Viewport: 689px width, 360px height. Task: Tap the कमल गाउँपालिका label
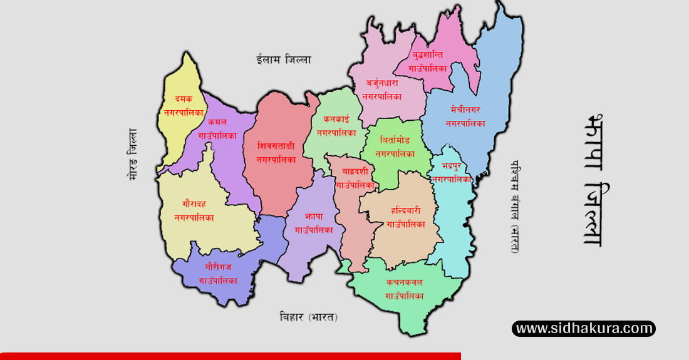217,128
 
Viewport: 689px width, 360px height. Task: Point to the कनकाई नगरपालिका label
336,125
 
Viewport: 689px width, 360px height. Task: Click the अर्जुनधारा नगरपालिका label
382,90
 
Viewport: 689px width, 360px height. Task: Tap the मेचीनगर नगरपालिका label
465,116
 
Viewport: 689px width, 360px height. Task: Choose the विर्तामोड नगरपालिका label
395,146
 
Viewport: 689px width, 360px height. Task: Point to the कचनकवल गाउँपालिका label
405,289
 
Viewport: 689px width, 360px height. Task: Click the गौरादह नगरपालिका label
194,211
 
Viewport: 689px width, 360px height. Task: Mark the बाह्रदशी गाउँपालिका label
356,178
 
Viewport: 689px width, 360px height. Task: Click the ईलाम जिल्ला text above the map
284,59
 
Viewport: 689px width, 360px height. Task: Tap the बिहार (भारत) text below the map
309,317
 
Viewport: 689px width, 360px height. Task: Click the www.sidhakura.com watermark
584,328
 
